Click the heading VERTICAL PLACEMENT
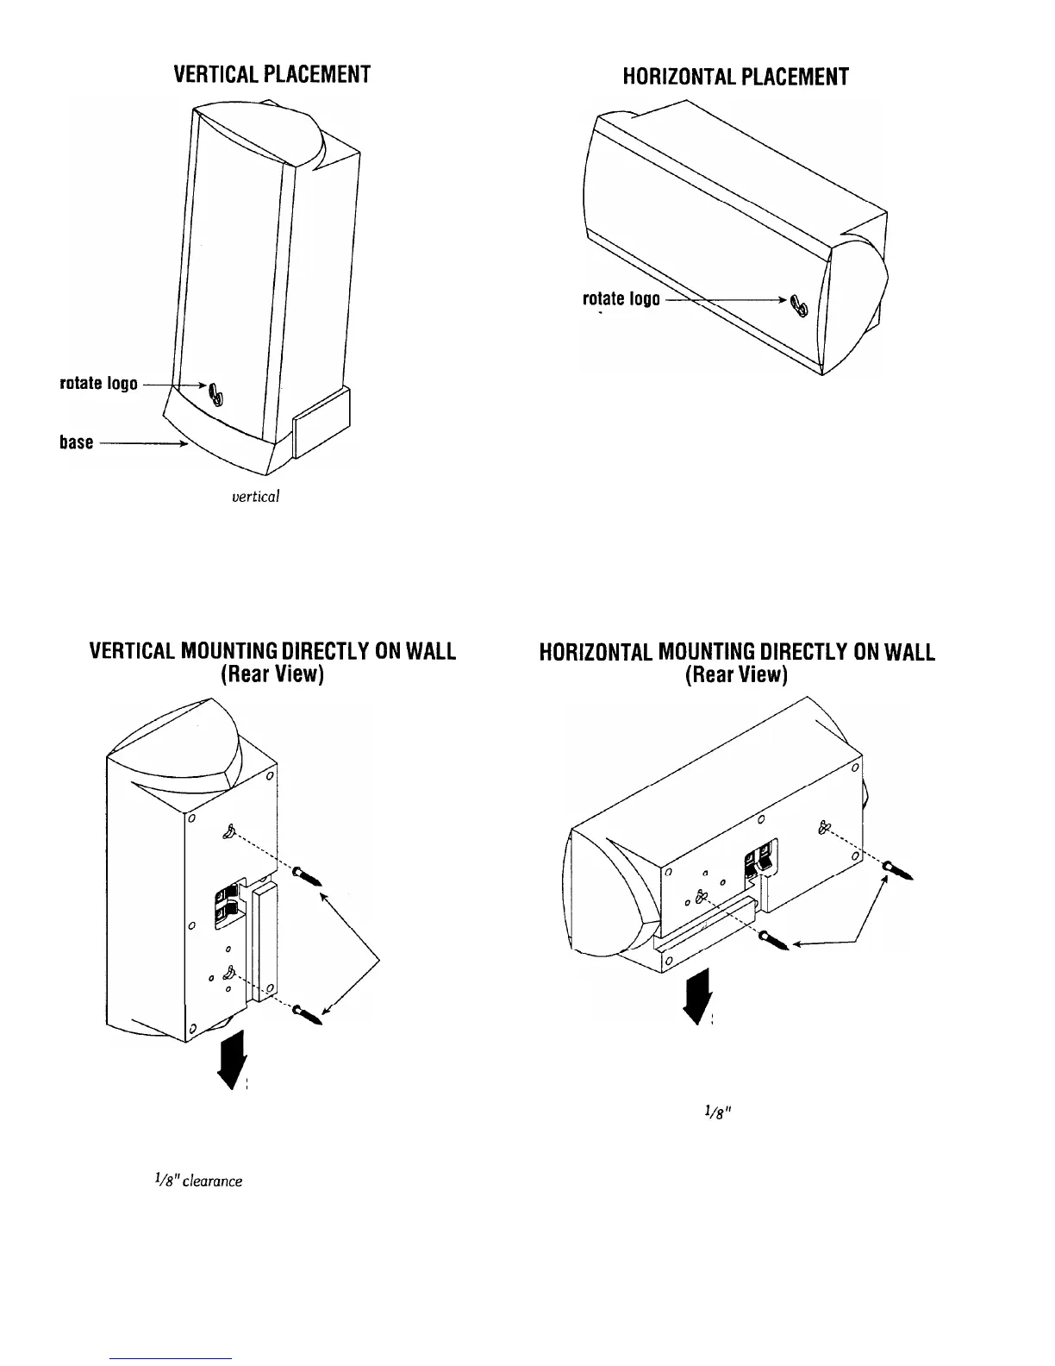tap(272, 74)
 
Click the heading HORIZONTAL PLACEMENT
tap(735, 78)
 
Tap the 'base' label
tap(77, 442)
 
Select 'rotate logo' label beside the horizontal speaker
tap(621, 298)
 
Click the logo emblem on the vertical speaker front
tap(217, 393)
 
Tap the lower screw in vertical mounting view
tap(308, 1014)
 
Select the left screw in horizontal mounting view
tap(773, 942)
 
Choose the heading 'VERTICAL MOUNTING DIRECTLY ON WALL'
tap(272, 651)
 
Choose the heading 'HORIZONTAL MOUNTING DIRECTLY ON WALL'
tap(737, 652)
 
